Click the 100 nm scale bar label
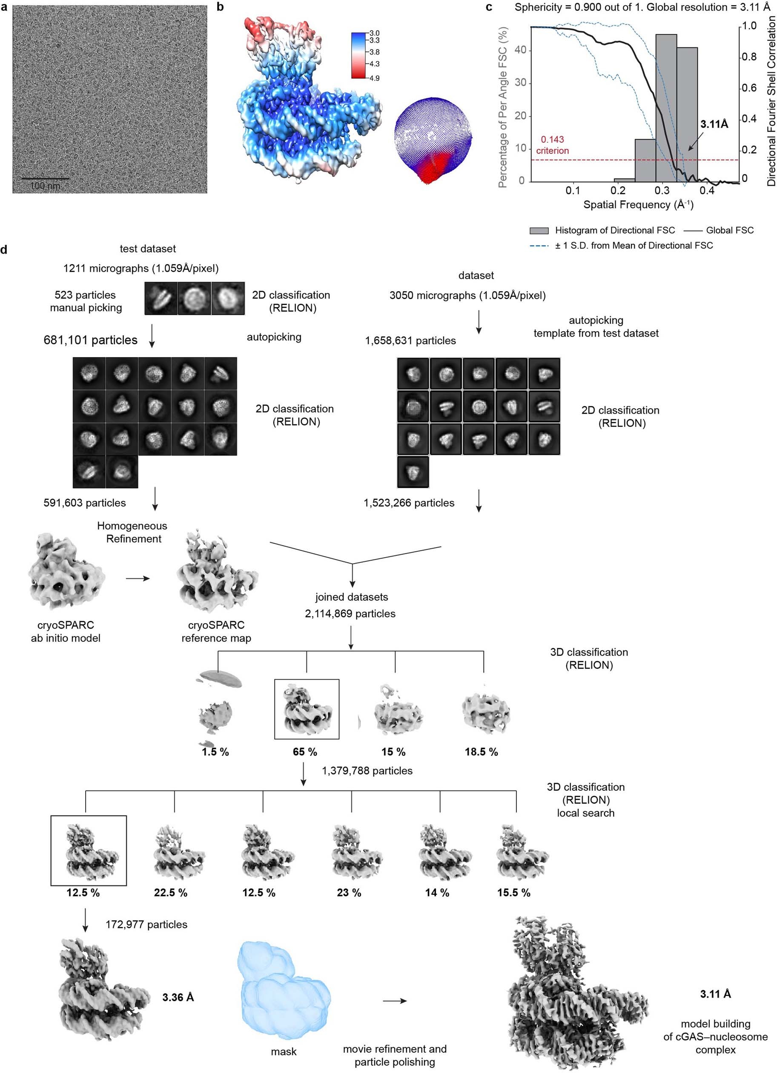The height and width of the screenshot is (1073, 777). (x=46, y=186)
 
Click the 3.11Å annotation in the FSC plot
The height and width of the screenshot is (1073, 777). (x=714, y=124)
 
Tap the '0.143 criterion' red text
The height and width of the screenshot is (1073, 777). (x=552, y=145)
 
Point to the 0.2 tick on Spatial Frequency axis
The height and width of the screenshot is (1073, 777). (x=617, y=190)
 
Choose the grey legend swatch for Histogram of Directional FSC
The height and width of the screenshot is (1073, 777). (x=539, y=231)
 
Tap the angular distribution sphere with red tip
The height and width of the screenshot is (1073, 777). (x=432, y=140)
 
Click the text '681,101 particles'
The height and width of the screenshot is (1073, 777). (x=90, y=340)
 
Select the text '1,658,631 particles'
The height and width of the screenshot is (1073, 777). (x=410, y=340)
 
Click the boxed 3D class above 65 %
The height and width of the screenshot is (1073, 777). (x=307, y=709)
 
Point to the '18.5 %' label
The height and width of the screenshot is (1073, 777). (x=481, y=752)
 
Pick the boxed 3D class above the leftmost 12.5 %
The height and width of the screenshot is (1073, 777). (x=89, y=850)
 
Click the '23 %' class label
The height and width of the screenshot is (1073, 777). (x=349, y=893)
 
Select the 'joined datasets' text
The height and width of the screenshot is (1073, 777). (x=352, y=597)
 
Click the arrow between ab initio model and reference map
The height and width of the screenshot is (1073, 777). (x=138, y=578)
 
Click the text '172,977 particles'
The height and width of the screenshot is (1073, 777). (x=146, y=924)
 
